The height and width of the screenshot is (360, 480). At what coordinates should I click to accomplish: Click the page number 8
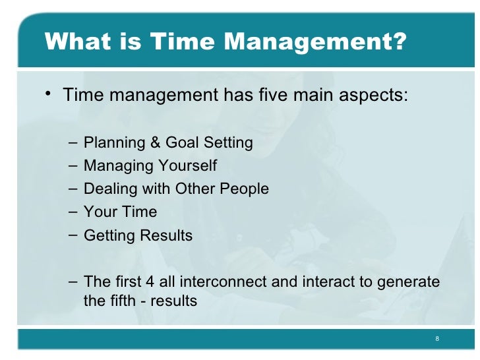[x=437, y=339]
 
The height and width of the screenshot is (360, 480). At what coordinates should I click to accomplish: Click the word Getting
[x=109, y=236]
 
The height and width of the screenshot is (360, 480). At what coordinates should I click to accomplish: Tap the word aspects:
[x=375, y=96]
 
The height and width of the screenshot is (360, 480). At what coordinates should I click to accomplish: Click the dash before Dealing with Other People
[x=72, y=189]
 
